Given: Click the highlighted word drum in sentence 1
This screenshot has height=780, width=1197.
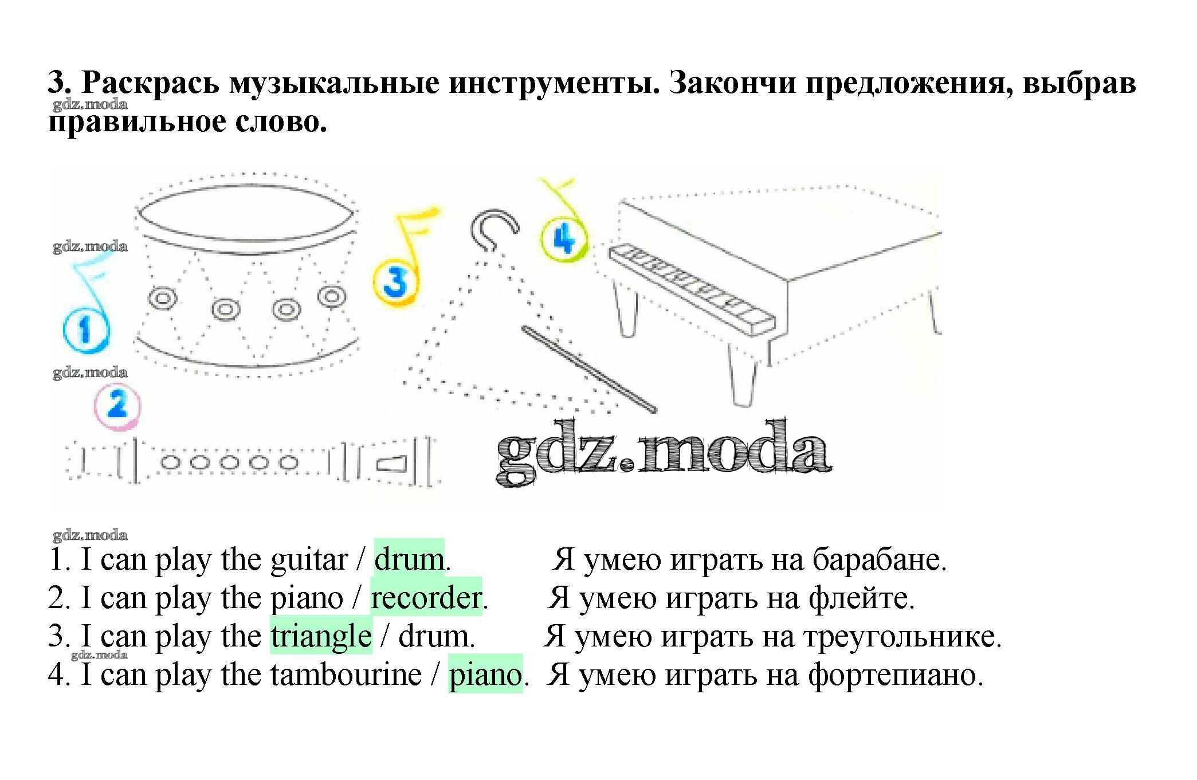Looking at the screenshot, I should [x=409, y=560].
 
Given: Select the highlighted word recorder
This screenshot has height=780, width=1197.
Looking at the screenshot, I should [x=426, y=598].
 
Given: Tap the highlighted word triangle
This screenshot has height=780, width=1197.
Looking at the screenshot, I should [x=321, y=637].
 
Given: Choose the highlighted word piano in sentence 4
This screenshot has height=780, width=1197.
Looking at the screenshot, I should [x=485, y=675].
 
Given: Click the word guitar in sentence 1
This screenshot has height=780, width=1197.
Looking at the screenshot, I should [x=309, y=560].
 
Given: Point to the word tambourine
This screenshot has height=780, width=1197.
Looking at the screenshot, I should [x=346, y=675].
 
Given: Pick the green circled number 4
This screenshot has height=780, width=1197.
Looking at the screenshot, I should [x=564, y=239].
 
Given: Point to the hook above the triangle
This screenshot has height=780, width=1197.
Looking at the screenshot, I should [x=493, y=229].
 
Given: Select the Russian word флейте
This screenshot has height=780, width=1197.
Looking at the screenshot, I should [x=861, y=598].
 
